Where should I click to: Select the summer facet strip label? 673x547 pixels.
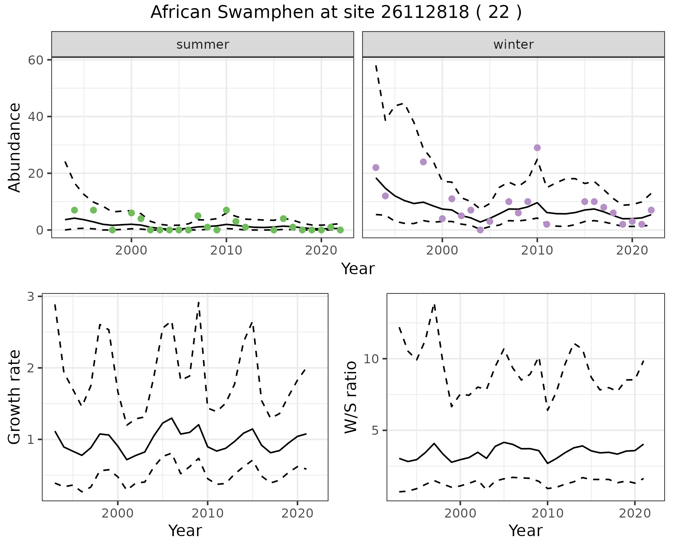pyautogui.click(x=203, y=45)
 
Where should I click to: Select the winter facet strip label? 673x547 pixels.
pyautogui.click(x=513, y=45)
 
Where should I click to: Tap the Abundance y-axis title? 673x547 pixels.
pyautogui.click(x=15, y=148)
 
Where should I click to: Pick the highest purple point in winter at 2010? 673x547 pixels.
pyautogui.click(x=537, y=148)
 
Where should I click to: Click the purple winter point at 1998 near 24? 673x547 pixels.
pyautogui.click(x=423, y=162)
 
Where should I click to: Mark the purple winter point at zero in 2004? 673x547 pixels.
pyautogui.click(x=480, y=230)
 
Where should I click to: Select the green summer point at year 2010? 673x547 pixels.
pyautogui.click(x=226, y=210)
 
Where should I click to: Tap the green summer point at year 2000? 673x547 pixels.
pyautogui.click(x=131, y=213)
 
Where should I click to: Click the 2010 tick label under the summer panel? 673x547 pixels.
pyautogui.click(x=226, y=250)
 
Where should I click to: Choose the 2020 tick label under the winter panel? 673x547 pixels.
pyautogui.click(x=632, y=250)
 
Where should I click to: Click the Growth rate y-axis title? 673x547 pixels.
pyautogui.click(x=15, y=397)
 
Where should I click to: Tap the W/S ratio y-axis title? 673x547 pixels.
pyautogui.click(x=351, y=397)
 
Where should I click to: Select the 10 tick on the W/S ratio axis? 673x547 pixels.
pyautogui.click(x=372, y=359)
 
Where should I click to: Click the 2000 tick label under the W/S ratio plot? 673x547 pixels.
pyautogui.click(x=460, y=513)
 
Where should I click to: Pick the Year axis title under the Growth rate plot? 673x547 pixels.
pyautogui.click(x=185, y=531)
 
